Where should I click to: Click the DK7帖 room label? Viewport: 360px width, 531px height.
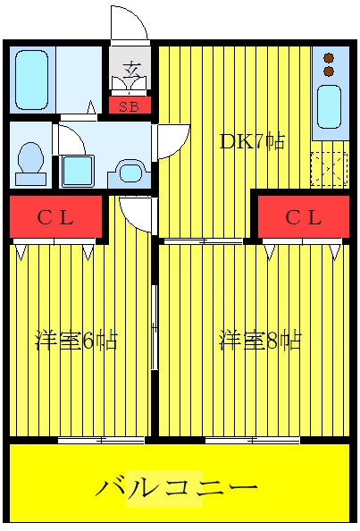[252, 141]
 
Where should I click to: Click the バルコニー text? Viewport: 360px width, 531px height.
[177, 488]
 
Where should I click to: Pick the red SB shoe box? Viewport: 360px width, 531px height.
[130, 105]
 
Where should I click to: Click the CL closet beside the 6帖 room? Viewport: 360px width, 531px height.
[55, 217]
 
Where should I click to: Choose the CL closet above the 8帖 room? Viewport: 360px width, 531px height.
[304, 217]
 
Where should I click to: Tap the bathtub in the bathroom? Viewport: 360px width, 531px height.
[32, 80]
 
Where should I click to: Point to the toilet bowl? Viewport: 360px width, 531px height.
[30, 164]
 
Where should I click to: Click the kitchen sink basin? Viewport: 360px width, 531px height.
[329, 106]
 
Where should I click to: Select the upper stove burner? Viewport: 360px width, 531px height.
[329, 58]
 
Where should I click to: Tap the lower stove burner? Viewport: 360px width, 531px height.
[329, 72]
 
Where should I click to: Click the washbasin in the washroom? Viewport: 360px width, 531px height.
[130, 173]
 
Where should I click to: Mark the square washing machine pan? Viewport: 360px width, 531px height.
[78, 171]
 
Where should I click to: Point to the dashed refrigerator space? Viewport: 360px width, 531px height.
[330, 169]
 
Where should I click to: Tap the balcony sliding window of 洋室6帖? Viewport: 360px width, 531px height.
[101, 440]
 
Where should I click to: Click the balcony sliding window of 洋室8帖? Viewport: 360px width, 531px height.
[253, 440]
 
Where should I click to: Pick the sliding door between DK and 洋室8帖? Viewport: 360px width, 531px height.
[203, 241]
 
